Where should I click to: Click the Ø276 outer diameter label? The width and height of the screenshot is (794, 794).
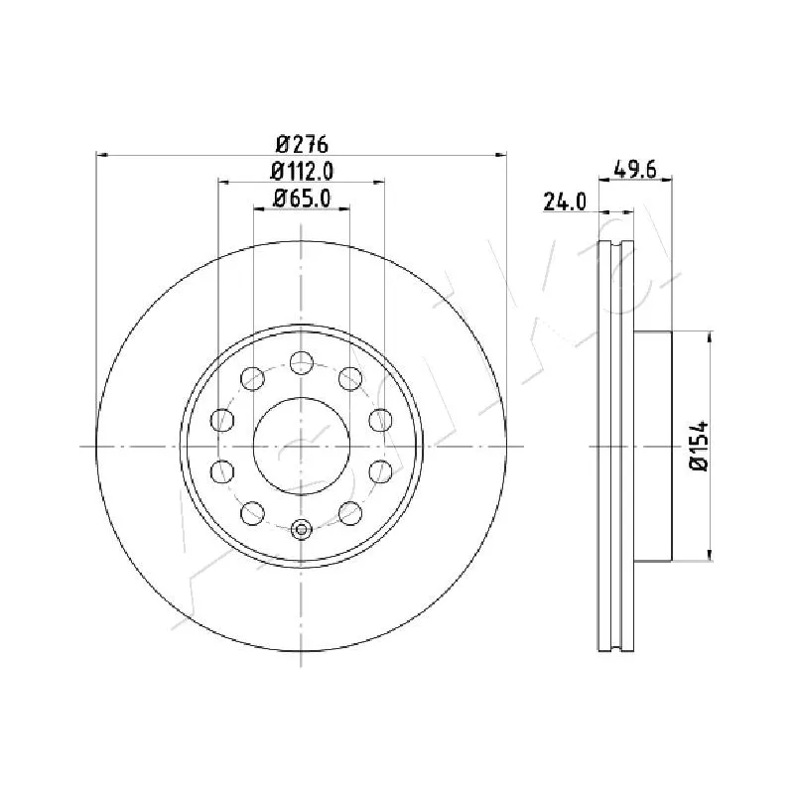(x=303, y=145)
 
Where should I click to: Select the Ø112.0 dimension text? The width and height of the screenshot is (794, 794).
(x=303, y=171)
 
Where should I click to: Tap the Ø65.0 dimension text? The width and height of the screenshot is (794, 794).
(x=303, y=198)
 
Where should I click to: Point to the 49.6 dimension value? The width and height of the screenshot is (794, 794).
(x=634, y=169)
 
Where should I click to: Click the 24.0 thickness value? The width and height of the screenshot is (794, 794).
(x=565, y=201)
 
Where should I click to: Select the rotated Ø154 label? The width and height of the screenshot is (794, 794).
(x=700, y=446)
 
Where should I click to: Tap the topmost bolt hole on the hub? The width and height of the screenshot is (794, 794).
(x=302, y=362)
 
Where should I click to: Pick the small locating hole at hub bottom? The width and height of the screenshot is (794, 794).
(x=302, y=530)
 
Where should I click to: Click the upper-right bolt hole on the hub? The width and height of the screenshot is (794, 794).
(x=350, y=379)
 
